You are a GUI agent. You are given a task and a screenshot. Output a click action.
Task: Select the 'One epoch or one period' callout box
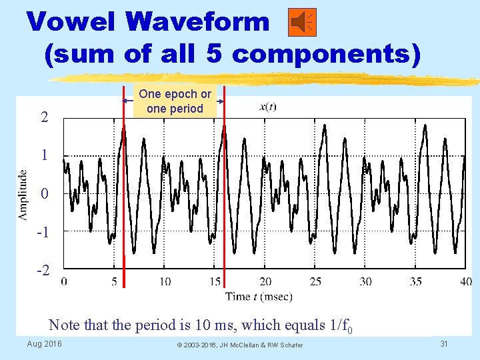(175, 101)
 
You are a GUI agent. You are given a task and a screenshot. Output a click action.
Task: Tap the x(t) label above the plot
(267, 106)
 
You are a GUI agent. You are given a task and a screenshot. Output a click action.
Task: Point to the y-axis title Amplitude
(23, 195)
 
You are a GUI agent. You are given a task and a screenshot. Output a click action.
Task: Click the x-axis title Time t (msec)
(259, 296)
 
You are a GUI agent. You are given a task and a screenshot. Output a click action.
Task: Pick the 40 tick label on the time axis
(465, 281)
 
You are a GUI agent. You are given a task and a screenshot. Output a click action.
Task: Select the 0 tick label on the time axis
(65, 281)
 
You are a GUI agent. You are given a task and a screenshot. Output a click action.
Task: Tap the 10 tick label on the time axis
(165, 281)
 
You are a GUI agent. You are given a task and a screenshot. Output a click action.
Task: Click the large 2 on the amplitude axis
(44, 118)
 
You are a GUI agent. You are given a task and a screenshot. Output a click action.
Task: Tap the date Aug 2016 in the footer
(45, 343)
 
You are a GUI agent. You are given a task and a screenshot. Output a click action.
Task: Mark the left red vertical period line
(123, 180)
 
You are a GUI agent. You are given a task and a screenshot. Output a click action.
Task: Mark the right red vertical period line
(223, 180)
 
